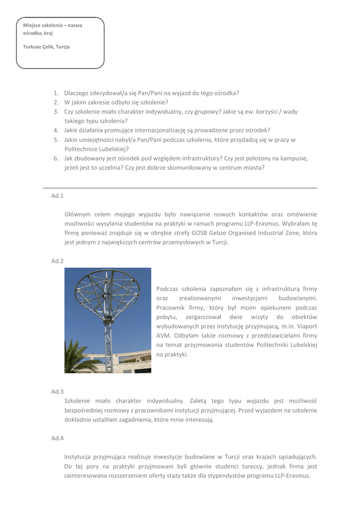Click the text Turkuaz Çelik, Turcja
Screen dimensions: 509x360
pos(46,47)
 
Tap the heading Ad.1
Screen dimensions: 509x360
pos(57,196)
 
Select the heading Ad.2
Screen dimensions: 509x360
pos(57,261)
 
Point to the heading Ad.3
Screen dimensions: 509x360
pos(57,392)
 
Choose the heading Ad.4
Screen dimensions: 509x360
pos(57,438)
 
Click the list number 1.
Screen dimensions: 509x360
pos(56,93)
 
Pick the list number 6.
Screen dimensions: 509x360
pos(56,159)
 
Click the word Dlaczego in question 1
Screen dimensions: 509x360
pos(77,93)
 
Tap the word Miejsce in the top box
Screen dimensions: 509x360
pos(33,25)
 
